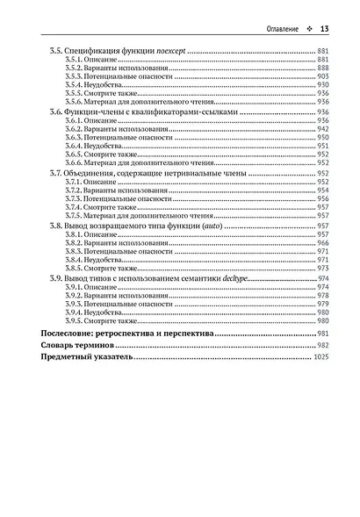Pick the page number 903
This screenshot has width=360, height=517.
[x=322, y=76]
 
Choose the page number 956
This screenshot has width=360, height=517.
[x=322, y=199]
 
